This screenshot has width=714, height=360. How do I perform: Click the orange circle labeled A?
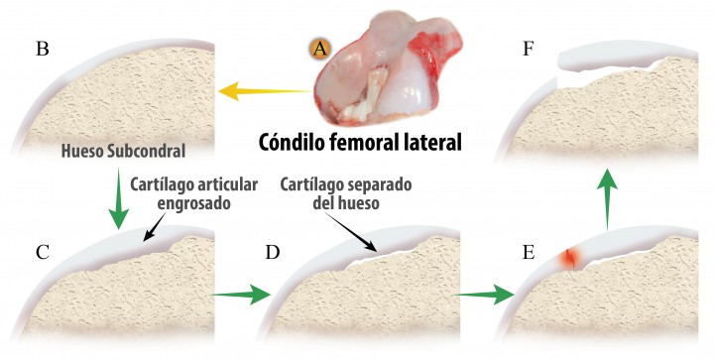pyautogui.click(x=319, y=48)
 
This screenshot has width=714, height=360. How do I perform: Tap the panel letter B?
pyautogui.click(x=43, y=49)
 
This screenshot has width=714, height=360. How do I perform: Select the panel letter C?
pyautogui.click(x=43, y=250)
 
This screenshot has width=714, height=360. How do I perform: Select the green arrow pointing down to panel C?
pyautogui.click(x=118, y=201)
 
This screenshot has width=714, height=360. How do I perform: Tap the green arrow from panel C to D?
pyautogui.click(x=241, y=294)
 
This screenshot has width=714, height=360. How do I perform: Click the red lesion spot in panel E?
pyautogui.click(x=569, y=259)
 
